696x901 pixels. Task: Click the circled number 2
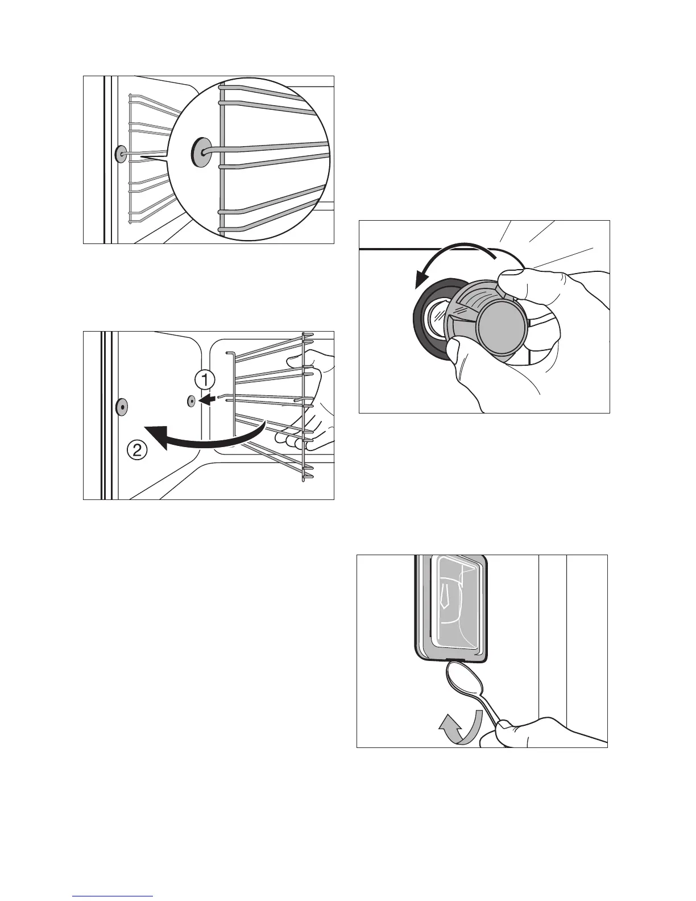click(x=136, y=452)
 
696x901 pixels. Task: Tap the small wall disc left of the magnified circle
click(x=121, y=154)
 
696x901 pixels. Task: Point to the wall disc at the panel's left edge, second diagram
click(x=121, y=407)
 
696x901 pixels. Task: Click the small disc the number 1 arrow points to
click(x=191, y=401)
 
